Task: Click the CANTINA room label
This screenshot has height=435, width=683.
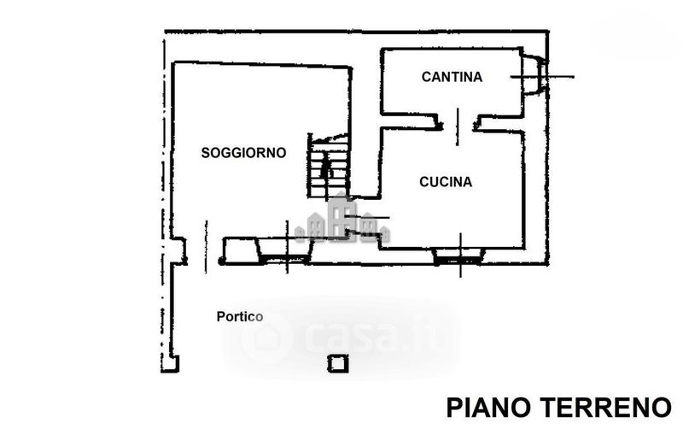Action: click(x=452, y=77)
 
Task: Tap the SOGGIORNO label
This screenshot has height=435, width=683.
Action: click(x=243, y=153)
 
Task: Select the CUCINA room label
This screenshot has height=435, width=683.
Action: click(x=446, y=181)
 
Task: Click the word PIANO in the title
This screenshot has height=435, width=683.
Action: click(x=492, y=407)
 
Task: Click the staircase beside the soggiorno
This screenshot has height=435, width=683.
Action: click(x=329, y=164)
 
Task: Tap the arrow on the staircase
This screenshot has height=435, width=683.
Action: click(x=324, y=168)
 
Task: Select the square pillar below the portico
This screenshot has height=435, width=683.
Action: click(x=338, y=364)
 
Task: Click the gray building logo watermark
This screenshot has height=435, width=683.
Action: click(x=342, y=220)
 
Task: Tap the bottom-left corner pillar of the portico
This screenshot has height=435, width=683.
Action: click(x=172, y=364)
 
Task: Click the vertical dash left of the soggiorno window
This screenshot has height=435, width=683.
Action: click(x=206, y=248)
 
